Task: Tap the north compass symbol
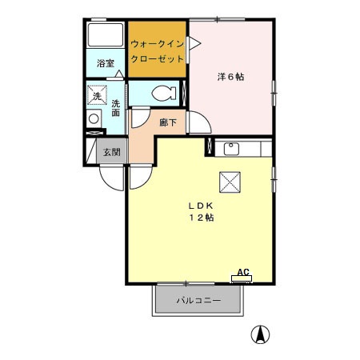click(260, 334)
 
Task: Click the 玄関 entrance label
click(110, 152)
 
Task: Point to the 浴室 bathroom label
click(106, 62)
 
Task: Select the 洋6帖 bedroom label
click(230, 78)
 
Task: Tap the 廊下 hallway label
click(168, 122)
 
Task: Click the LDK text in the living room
click(200, 204)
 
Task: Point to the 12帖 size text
click(201, 218)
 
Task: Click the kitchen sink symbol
click(231, 148)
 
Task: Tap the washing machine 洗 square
click(97, 94)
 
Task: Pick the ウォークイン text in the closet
click(158, 44)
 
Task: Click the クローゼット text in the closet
click(158, 59)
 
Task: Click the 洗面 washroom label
click(115, 108)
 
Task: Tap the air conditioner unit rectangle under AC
click(242, 279)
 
